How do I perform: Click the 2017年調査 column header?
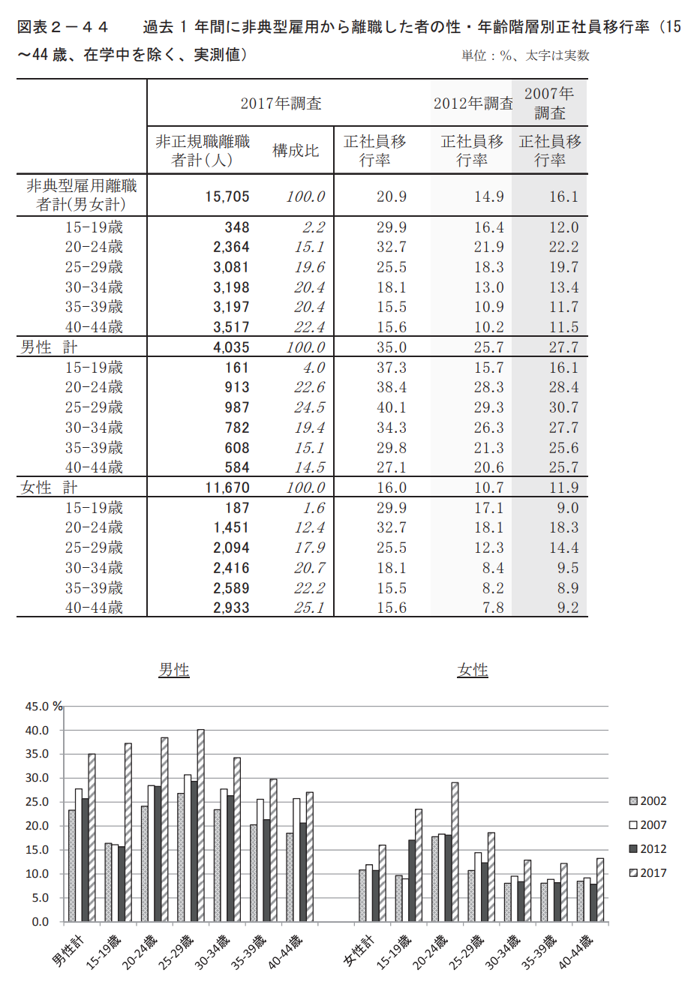(x=281, y=104)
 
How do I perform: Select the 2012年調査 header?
(x=473, y=104)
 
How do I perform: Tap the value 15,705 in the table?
(x=227, y=197)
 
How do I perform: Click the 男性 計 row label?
(x=49, y=347)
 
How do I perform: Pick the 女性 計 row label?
(x=49, y=488)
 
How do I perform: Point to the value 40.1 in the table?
(x=391, y=407)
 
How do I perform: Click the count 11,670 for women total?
(x=227, y=488)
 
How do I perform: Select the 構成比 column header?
(x=296, y=150)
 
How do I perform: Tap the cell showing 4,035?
(x=231, y=347)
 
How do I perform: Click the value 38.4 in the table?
(x=391, y=387)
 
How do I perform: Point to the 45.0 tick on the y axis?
(x=37, y=707)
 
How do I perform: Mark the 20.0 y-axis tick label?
(x=37, y=826)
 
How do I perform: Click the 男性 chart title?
(x=174, y=670)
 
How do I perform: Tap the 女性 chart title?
(x=473, y=670)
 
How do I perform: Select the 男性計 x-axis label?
(x=68, y=950)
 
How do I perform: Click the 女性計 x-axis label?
(x=359, y=950)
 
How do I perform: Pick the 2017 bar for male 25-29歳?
(x=200, y=825)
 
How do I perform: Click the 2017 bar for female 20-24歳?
(x=455, y=852)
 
